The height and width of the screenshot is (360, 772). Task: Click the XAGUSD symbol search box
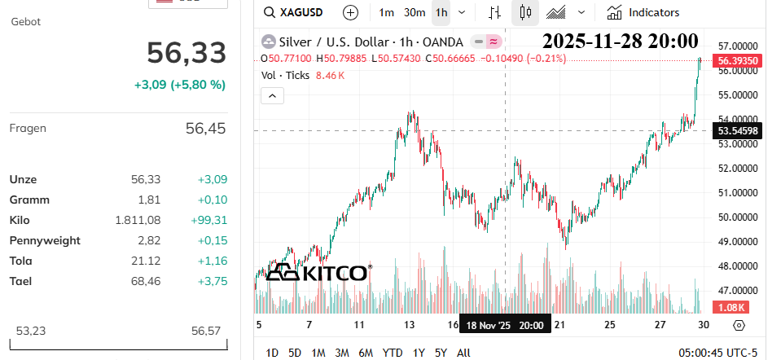pos(293,12)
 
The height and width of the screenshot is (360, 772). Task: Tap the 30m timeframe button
pos(415,13)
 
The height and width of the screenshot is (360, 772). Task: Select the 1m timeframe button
pos(386,13)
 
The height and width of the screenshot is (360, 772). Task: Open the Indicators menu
pos(643,13)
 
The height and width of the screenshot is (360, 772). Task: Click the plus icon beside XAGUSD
pos(350,13)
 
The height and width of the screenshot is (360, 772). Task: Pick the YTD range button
pos(393,353)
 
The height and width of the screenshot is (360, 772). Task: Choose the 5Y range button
pos(441,353)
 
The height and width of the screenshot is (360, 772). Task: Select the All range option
pos(463,353)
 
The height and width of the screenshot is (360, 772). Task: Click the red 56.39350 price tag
pos(737,60)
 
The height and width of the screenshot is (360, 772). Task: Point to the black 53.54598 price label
pos(737,130)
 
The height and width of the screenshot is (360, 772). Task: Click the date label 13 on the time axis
pos(409,325)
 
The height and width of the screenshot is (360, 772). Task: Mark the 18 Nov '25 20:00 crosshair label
pos(505,326)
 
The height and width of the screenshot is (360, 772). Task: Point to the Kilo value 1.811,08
pos(138,220)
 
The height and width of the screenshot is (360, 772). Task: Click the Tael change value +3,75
pos(213,281)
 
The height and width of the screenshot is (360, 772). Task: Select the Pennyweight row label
pos(45,241)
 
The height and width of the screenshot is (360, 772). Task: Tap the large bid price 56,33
pos(186,53)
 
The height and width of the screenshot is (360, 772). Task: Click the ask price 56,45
pos(206,129)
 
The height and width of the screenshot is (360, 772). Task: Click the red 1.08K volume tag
pos(730,308)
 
